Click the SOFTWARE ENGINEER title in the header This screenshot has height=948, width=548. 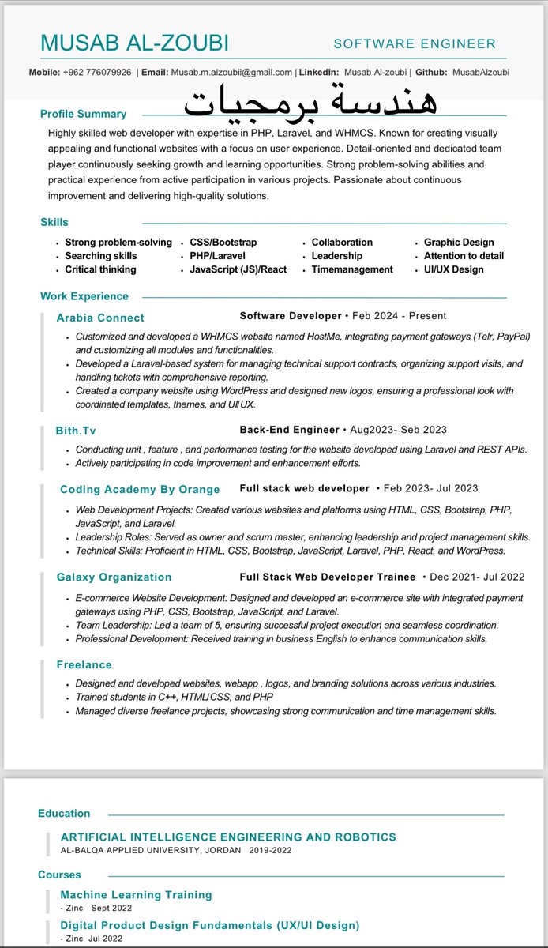click(x=415, y=44)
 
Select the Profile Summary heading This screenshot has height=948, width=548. click(x=83, y=114)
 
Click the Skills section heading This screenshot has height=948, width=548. click(x=54, y=222)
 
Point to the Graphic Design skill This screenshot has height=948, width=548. click(x=459, y=243)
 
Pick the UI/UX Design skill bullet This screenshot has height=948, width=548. click(x=453, y=269)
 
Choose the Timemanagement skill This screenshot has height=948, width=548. click(x=351, y=269)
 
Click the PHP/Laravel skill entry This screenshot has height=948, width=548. click(x=217, y=256)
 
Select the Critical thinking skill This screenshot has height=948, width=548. click(x=100, y=269)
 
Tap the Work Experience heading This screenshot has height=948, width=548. click(x=84, y=296)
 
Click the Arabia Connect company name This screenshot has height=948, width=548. click(x=100, y=318)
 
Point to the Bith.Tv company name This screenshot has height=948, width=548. click(x=77, y=431)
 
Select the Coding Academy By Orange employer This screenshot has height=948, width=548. click(x=140, y=489)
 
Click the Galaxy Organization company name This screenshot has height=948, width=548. click(x=114, y=577)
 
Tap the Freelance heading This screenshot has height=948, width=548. click(x=84, y=665)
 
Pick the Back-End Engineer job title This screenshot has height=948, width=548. click(x=289, y=430)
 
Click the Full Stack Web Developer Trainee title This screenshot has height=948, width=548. click(x=328, y=577)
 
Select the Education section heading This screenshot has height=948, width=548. click(x=64, y=813)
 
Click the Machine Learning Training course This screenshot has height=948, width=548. click(x=136, y=895)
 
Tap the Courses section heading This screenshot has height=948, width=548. click(x=59, y=875)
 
